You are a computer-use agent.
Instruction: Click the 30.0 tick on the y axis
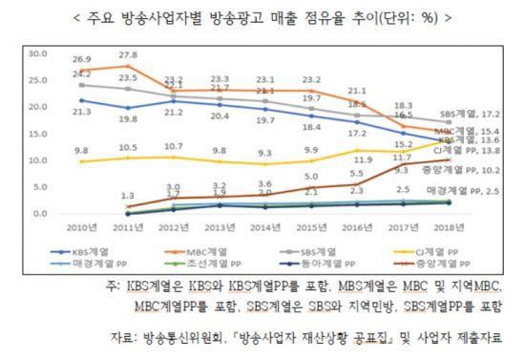tap(36, 53)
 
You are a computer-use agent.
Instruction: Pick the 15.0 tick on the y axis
tap(36, 134)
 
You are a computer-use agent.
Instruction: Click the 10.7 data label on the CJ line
tap(174, 146)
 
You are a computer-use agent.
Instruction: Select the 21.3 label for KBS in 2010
tap(81, 113)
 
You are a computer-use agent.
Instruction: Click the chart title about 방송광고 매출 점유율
tap(262, 17)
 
